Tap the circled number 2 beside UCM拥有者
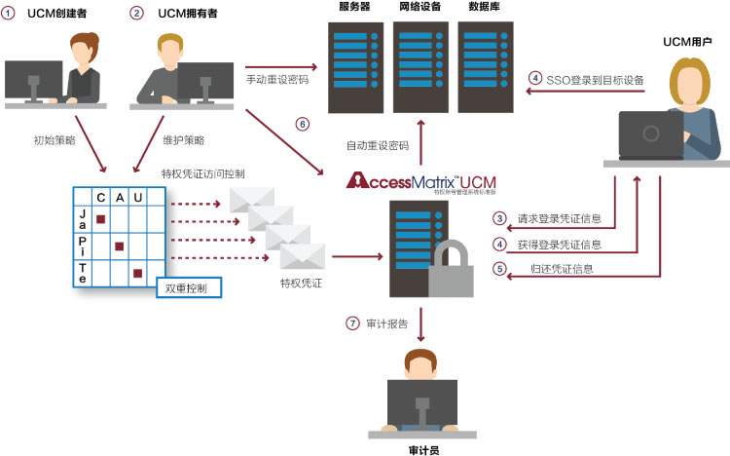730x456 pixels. click(x=136, y=14)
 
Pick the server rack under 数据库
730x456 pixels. click(x=486, y=69)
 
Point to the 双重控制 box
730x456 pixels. click(x=188, y=287)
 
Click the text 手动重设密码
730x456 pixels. click(x=277, y=79)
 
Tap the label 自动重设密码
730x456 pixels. click(x=378, y=146)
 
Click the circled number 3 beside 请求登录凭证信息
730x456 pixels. click(x=499, y=218)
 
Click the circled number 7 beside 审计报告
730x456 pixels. click(x=353, y=323)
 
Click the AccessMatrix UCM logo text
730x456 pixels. click(x=420, y=181)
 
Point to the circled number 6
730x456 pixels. click(x=302, y=124)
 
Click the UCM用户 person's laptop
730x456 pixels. click(x=650, y=135)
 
